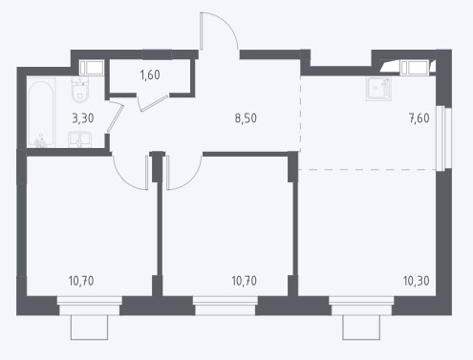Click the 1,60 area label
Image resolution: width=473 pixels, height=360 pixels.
click(150, 75)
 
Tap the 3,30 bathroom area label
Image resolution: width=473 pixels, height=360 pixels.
click(83, 118)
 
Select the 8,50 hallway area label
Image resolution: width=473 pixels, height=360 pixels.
click(246, 118)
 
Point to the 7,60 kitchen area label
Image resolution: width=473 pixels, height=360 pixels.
click(419, 118)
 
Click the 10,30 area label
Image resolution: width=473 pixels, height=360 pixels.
click(416, 281)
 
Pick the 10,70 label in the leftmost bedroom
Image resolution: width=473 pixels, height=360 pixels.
click(81, 281)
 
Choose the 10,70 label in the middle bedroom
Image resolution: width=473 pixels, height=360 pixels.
click(244, 281)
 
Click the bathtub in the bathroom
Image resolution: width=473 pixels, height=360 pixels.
click(41, 113)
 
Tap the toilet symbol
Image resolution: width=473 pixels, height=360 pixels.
click(79, 90)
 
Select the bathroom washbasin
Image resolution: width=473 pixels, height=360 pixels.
click(79, 140)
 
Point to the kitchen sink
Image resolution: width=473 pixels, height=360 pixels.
click(378, 89)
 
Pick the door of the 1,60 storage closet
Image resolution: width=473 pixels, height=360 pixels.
click(154, 103)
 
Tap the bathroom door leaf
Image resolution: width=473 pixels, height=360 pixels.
click(115, 118)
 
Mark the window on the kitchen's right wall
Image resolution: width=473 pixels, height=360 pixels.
click(444, 138)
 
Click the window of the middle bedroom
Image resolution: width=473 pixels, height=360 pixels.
click(226, 306)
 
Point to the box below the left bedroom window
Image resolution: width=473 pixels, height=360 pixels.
click(89, 328)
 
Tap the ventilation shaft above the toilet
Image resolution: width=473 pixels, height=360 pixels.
click(92, 68)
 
